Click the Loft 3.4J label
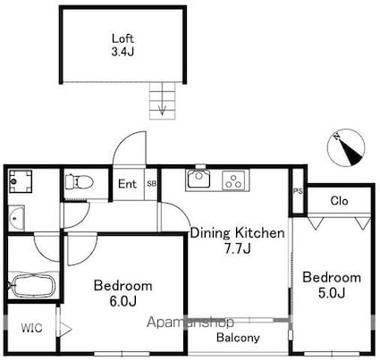(122, 45)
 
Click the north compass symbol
(346, 147)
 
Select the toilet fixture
(79, 181)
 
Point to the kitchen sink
(198, 179)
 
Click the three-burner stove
(233, 180)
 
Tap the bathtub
(32, 286)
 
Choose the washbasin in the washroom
(15, 218)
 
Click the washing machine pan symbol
(21, 181)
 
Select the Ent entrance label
(128, 184)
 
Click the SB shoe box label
(151, 184)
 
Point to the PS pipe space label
(298, 191)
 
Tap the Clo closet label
(339, 201)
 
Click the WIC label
(32, 328)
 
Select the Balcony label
(238, 338)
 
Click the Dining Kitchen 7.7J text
(237, 240)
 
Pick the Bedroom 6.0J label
(122, 294)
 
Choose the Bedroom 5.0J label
(332, 285)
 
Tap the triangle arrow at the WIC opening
(66, 329)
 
